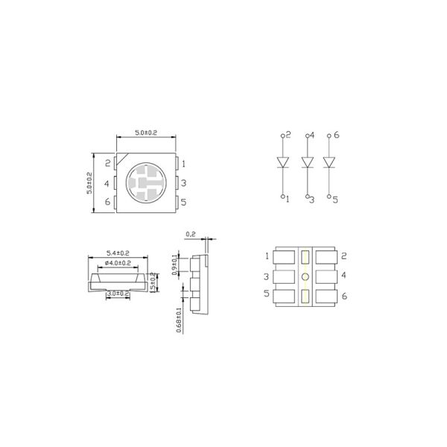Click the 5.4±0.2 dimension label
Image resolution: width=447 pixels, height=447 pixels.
[x=119, y=253]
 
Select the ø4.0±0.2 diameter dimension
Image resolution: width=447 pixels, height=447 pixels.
[x=118, y=263]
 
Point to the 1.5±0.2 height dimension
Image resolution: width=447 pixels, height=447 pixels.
[x=155, y=283]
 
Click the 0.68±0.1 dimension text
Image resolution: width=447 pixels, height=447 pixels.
[x=177, y=321]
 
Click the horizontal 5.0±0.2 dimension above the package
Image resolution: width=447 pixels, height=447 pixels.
[x=145, y=133]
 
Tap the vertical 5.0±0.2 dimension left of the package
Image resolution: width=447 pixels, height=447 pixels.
[x=89, y=183]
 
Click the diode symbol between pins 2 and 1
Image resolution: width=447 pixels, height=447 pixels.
[x=282, y=162]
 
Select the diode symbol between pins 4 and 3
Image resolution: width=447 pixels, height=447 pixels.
[x=305, y=162]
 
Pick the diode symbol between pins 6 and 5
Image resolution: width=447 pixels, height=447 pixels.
[x=330, y=162]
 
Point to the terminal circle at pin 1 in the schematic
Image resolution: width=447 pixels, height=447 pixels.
[x=282, y=197]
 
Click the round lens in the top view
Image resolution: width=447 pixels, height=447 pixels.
[x=145, y=183]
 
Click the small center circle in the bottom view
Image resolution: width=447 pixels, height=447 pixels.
[x=305, y=277]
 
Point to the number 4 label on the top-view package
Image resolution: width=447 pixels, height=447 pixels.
[x=107, y=183]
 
